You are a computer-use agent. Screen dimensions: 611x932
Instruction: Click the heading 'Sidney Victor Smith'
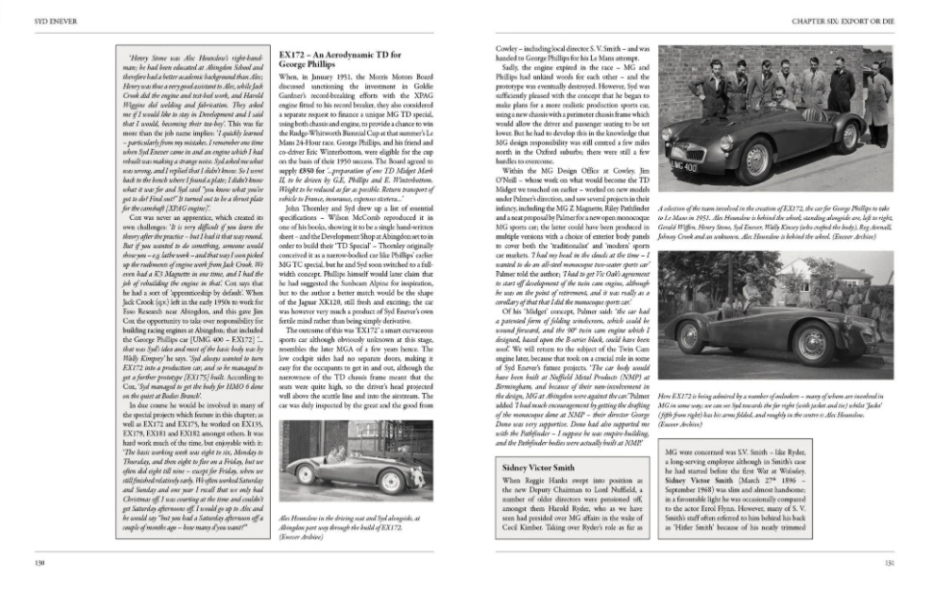(544, 467)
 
